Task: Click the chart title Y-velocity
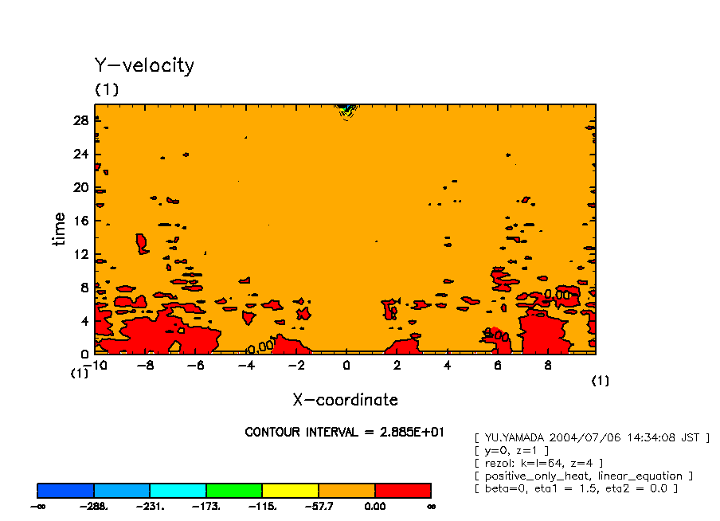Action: pos(144,65)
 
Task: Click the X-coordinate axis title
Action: pos(345,399)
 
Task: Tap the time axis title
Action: pos(60,229)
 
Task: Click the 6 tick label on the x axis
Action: pos(497,366)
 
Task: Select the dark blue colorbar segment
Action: pos(65,490)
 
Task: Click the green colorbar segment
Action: pos(234,490)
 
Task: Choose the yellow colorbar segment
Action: pos(290,490)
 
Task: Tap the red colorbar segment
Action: pos(402,490)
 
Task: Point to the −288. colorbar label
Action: pos(93,506)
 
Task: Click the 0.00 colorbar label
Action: pos(374,506)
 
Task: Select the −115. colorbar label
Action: pos(262,506)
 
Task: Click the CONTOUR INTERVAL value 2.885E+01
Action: pos(413,432)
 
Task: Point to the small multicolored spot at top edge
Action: pos(346,109)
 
